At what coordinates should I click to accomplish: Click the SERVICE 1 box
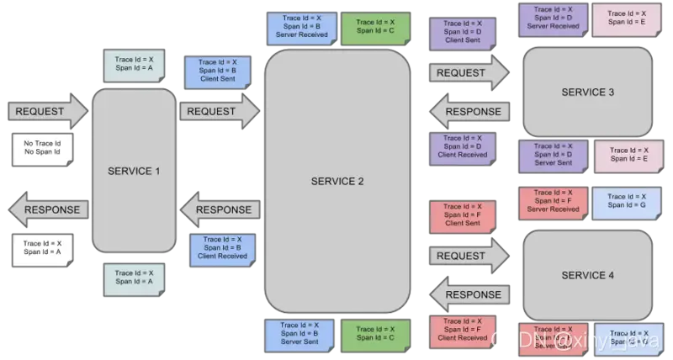coord(134,170)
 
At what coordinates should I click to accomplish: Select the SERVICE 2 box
coord(337,181)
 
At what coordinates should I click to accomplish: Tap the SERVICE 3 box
coord(587,92)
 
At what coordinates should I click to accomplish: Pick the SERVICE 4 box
coord(587,275)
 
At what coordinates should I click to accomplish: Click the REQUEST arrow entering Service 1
coord(46,111)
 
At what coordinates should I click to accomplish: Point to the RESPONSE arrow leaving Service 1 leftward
coord(46,209)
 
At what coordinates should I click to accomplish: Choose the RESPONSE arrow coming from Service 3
coord(469,111)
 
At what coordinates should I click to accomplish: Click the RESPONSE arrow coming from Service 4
coord(469,294)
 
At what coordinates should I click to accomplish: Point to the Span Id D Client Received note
coord(463,147)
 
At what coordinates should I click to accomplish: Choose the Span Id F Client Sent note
coord(463,215)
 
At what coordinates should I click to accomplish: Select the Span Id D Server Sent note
coord(553,156)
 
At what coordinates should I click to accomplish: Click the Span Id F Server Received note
coord(553,202)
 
